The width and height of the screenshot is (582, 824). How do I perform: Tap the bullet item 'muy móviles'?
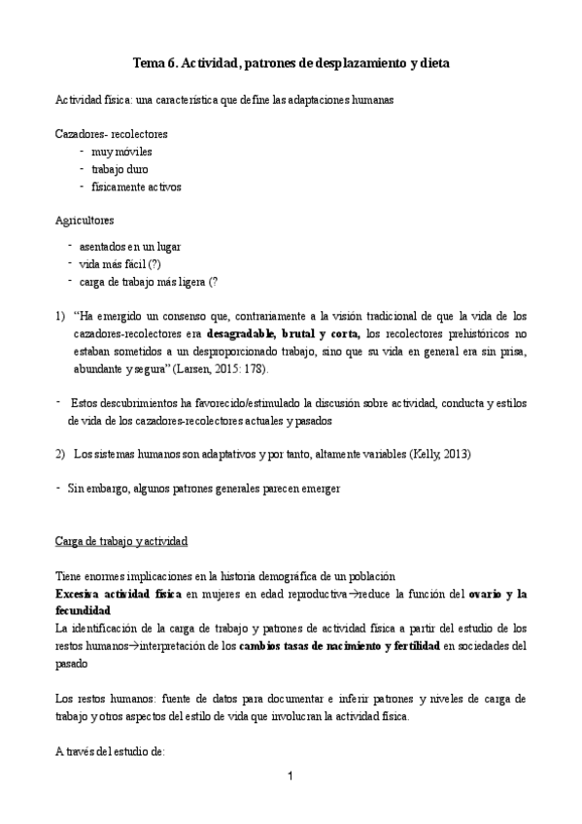(x=120, y=151)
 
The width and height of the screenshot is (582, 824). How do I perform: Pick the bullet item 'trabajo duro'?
(x=120, y=168)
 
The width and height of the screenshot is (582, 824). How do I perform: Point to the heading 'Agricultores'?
(x=85, y=221)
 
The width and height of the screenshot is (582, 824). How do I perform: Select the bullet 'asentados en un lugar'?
(x=131, y=246)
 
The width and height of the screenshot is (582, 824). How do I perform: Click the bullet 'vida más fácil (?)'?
(x=121, y=263)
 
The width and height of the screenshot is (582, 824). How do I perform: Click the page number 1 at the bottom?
(x=291, y=776)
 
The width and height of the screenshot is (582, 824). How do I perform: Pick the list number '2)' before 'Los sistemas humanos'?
(x=60, y=455)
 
